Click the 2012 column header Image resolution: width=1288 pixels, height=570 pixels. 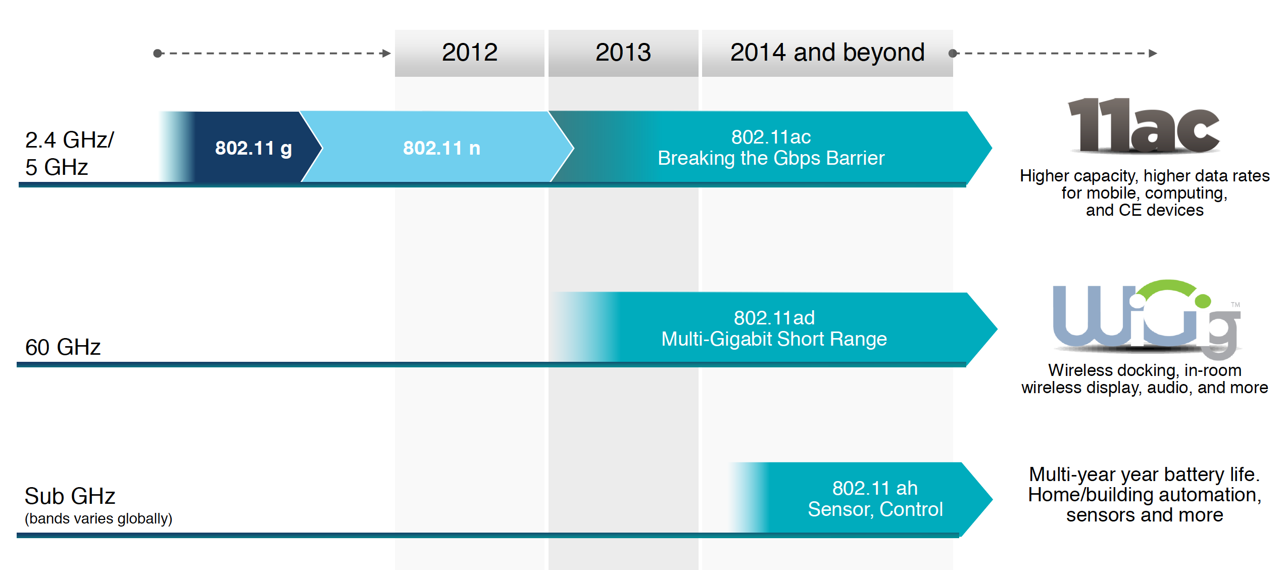pos(469,53)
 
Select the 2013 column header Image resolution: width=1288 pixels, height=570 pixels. pos(623,53)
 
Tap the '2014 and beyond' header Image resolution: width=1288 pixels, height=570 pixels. pos(827,53)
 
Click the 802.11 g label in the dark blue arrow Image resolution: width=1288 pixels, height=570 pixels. pos(253,148)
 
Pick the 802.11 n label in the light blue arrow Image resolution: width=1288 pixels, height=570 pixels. pos(441,148)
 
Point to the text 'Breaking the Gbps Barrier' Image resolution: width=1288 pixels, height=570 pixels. pos(771,159)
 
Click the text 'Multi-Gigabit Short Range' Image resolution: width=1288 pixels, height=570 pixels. pos(774,339)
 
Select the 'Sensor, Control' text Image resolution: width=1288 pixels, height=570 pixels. pos(875,509)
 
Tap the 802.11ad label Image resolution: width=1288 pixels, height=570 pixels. pos(774,318)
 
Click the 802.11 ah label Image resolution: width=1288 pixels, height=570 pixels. pos(875,488)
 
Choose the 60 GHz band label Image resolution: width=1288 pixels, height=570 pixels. pos(63,347)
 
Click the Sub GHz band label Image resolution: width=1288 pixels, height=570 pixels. pos(70,496)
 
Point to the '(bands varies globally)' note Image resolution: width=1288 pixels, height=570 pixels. pos(98,518)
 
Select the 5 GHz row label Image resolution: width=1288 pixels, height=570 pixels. pos(57,167)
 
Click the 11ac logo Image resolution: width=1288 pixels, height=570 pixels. pos(1144,126)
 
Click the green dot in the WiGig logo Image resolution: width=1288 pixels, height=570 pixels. pos(1203,301)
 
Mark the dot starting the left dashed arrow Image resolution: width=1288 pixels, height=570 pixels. pos(158,53)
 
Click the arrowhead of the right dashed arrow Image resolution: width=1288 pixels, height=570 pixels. pos(1153,53)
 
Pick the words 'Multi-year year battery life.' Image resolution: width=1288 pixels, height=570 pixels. pos(1144,474)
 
